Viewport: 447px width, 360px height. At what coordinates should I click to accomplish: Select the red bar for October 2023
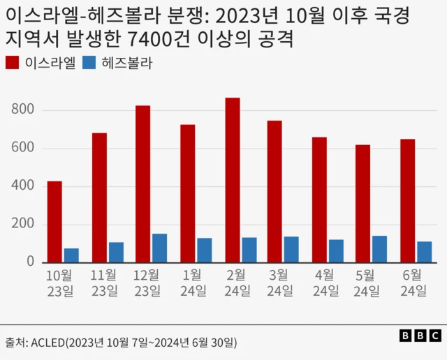[x=54, y=222]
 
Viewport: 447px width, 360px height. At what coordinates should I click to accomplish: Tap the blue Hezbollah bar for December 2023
[x=160, y=248]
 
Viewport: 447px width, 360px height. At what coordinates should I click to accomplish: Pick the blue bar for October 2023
[x=71, y=255]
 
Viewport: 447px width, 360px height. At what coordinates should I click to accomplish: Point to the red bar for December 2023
[x=143, y=184]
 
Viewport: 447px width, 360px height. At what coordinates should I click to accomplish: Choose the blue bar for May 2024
[x=379, y=249]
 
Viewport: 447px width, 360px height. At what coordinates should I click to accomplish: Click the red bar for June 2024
[x=408, y=201]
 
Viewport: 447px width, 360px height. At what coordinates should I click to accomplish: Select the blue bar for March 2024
[x=291, y=250]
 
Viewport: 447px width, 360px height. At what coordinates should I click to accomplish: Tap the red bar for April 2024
[x=319, y=200]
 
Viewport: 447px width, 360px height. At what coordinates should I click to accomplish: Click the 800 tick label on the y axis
[x=22, y=110]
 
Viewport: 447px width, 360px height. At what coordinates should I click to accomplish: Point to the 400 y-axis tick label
[x=22, y=186]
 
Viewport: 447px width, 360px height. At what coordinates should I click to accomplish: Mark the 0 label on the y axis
[x=30, y=262]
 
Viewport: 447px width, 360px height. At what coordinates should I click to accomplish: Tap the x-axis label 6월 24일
[x=412, y=283]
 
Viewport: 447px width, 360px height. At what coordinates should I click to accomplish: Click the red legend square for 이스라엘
[x=13, y=63]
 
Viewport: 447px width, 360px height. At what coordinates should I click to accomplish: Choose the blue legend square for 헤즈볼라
[x=88, y=63]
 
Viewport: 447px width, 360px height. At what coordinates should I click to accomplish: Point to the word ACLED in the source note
[x=47, y=343]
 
